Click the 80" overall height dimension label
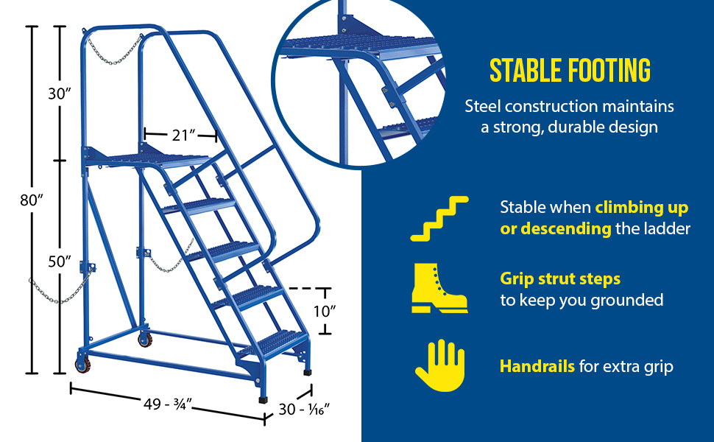32,200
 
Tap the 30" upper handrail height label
60,94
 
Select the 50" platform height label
60,262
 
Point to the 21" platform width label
184,135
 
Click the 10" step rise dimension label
325,311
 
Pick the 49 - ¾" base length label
168,404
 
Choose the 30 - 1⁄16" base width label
304,409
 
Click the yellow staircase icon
439,219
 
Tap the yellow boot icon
439,289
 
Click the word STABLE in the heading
525,70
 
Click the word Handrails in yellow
537,366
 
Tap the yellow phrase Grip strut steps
560,278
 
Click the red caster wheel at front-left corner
82,365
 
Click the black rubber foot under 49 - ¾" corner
264,400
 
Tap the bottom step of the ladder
273,343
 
